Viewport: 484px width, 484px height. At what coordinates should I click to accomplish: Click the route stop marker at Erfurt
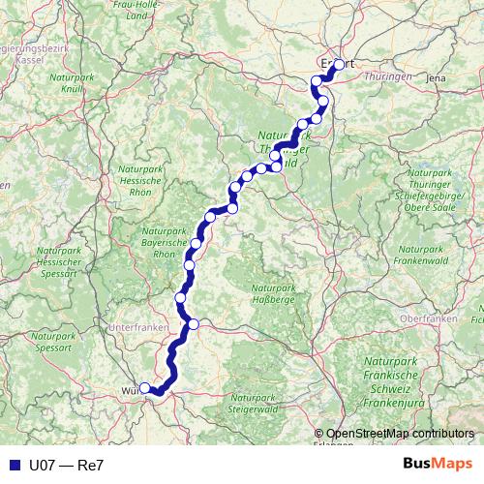click(339, 65)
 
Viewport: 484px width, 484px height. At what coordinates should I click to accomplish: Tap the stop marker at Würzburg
click(145, 388)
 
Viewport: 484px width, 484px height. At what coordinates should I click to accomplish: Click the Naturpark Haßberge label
click(273, 294)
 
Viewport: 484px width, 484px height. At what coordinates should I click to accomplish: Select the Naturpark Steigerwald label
click(255, 404)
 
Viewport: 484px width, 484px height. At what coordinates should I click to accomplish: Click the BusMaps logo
click(438, 465)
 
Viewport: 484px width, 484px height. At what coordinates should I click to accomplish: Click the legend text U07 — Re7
click(67, 465)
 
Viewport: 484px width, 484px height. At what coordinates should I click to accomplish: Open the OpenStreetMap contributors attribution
click(400, 435)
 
